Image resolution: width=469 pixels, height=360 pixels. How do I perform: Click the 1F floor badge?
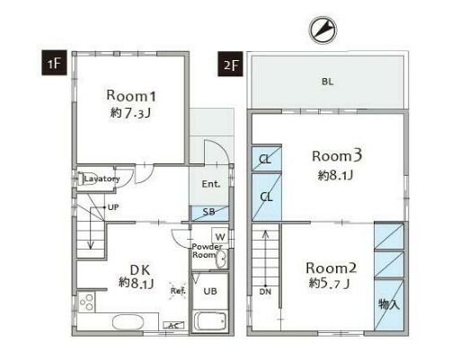pyautogui.click(x=54, y=63)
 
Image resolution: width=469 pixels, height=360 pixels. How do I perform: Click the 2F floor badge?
pyautogui.click(x=230, y=64)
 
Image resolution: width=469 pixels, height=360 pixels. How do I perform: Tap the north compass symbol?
pyautogui.click(x=323, y=30)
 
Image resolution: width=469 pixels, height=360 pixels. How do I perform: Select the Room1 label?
pyautogui.click(x=131, y=96)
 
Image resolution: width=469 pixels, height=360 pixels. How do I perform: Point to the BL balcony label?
pyautogui.click(x=327, y=82)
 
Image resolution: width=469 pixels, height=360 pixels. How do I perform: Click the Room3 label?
pyautogui.click(x=337, y=155)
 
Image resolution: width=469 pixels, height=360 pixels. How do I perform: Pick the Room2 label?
pyautogui.click(x=331, y=268)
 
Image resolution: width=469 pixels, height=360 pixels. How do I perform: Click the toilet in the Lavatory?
pyautogui.click(x=86, y=180)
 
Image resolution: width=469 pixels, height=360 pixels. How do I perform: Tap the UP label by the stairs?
pyautogui.click(x=113, y=207)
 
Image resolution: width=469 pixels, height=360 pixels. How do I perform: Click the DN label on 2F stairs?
pyautogui.click(x=265, y=292)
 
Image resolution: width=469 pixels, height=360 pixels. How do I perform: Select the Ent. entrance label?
pyautogui.click(x=211, y=184)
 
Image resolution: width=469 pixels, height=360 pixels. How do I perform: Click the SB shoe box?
pyautogui.click(x=210, y=213)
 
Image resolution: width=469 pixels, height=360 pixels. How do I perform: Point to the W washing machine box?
pyautogui.click(x=220, y=237)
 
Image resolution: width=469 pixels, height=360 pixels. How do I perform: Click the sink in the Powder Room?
pyautogui.click(x=221, y=259)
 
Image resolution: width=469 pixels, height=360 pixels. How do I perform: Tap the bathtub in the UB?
pyautogui.click(x=209, y=321)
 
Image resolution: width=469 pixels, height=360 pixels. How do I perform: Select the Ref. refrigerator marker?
pyautogui.click(x=178, y=291)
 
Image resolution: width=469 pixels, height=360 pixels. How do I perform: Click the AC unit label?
pyautogui.click(x=173, y=325)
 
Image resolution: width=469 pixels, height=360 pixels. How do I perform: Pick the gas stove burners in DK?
pyautogui.click(x=86, y=302)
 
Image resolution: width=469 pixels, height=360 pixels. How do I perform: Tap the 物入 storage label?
pyautogui.click(x=389, y=304)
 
